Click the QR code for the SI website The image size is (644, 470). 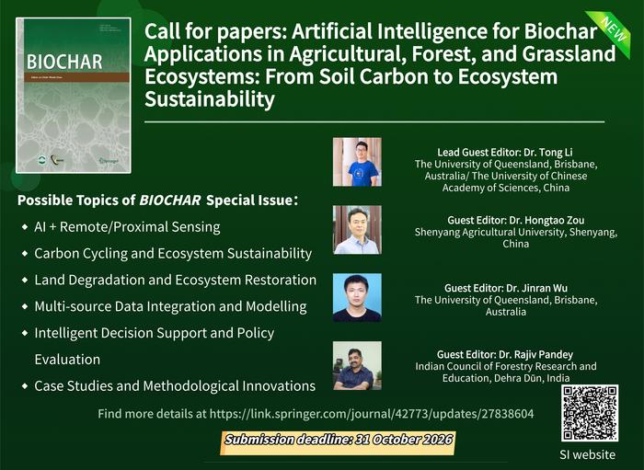point(589,413)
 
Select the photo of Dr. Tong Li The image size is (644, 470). point(356,162)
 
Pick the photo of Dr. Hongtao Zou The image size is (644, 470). point(356,229)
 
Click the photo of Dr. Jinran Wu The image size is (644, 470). point(356,297)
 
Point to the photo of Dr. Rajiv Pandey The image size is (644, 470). point(356,364)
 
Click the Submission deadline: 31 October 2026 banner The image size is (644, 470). point(339,441)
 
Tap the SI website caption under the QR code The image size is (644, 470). point(589,454)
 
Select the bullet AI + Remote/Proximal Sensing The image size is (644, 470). point(127,226)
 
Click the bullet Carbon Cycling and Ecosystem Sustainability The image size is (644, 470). point(173,253)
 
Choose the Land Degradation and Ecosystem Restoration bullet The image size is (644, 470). point(175,280)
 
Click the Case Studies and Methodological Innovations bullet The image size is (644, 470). point(175,385)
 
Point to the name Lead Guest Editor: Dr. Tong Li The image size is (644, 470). point(505,151)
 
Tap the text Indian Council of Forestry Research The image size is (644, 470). point(505,366)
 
